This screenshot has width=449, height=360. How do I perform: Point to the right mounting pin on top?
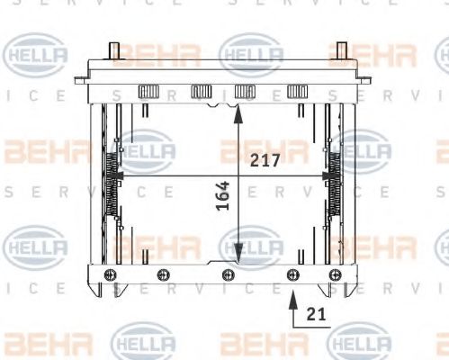tap(341, 51)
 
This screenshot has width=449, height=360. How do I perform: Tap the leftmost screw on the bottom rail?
tap(111, 274)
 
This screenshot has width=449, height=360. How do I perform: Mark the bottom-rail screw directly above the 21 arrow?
tap(291, 274)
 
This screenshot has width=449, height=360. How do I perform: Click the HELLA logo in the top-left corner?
tap(36, 55)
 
